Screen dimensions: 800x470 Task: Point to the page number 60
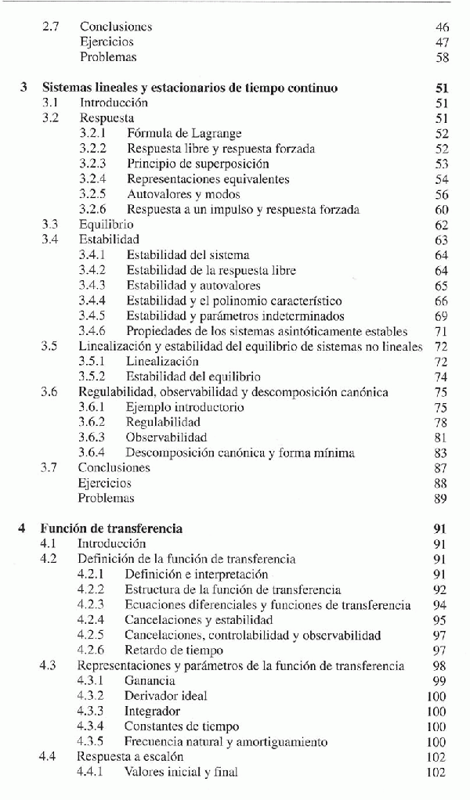[441, 209]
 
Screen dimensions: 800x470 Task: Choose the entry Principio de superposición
[197, 164]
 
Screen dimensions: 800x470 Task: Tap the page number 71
[441, 331]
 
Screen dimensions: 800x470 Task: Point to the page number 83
[440, 452]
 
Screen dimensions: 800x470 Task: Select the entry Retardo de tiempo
[174, 650]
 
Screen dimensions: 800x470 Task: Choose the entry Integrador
[152, 712]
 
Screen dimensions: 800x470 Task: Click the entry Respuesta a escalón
[130, 757]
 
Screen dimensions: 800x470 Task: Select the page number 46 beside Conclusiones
[442, 27]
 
